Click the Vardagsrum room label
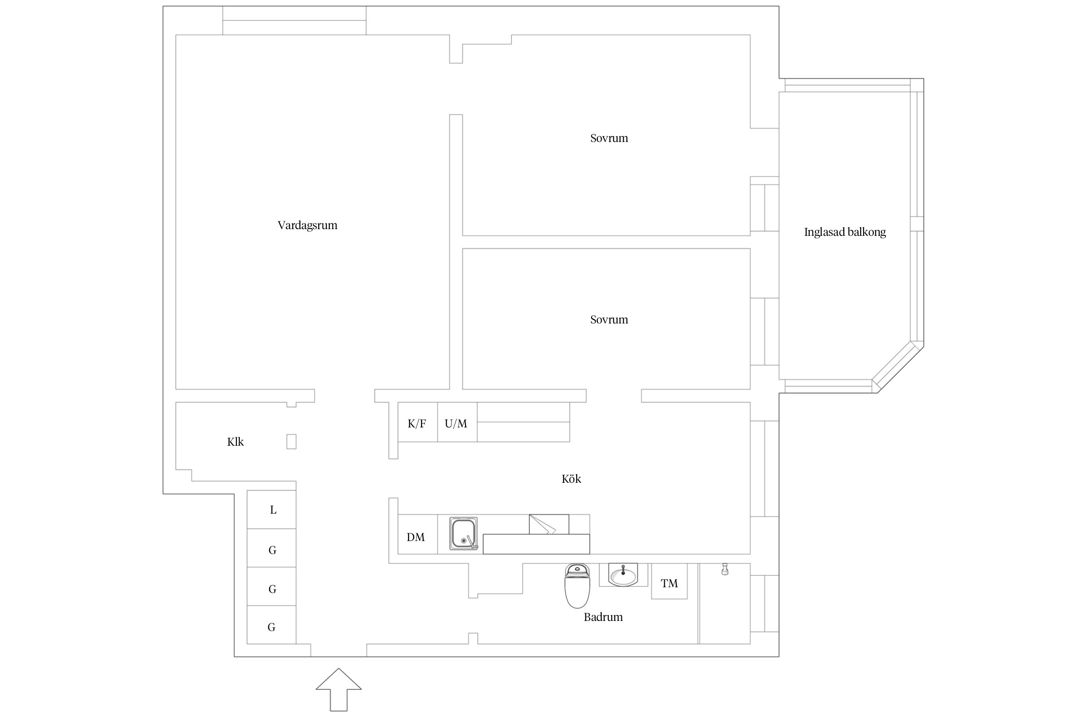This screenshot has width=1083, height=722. (307, 225)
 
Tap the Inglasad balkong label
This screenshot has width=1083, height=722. (845, 232)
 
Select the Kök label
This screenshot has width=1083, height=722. (571, 479)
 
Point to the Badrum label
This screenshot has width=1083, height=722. (603, 617)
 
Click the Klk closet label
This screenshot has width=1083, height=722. (235, 442)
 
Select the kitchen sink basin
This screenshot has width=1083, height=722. (463, 533)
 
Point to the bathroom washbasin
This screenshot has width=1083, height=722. (623, 575)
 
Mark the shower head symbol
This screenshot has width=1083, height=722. (723, 570)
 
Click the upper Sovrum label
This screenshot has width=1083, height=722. (609, 139)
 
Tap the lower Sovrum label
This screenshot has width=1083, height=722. (609, 320)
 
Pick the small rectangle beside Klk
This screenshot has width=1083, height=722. (291, 441)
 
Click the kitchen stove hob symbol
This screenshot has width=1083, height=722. (549, 524)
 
